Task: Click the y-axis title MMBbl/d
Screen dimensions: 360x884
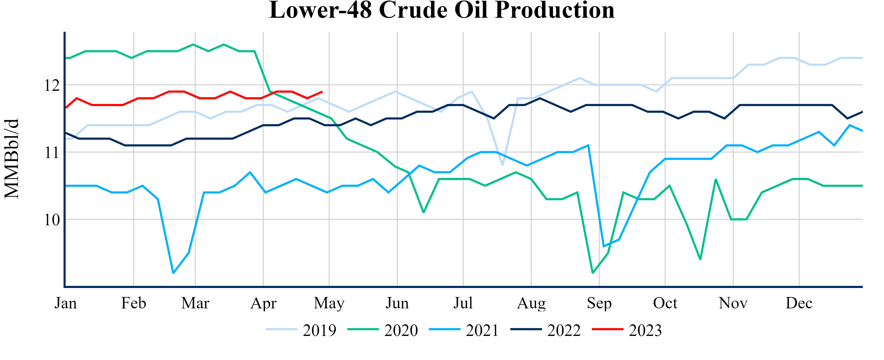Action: tap(12, 159)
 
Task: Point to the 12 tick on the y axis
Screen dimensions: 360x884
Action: tap(52, 85)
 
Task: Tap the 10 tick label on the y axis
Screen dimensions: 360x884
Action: tap(52, 220)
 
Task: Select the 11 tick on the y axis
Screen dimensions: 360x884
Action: tap(52, 152)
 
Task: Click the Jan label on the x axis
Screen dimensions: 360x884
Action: tap(66, 303)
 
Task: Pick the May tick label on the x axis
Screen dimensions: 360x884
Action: tap(329, 303)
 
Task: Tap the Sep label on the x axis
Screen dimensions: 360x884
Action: tap(599, 303)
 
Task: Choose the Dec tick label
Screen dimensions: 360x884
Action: tap(799, 303)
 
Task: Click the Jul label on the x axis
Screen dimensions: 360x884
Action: tap(463, 303)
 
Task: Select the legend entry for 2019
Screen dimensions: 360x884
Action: tap(301, 330)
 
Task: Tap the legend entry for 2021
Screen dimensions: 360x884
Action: tap(464, 330)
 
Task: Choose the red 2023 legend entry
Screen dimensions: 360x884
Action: tap(627, 330)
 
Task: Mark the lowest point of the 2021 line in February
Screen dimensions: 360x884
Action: tap(173, 273)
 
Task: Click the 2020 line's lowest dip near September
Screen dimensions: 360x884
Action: tap(593, 273)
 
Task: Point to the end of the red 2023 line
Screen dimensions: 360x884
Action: tap(322, 92)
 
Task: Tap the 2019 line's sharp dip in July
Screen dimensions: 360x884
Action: tap(502, 165)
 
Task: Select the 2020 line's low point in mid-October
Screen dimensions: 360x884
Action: tap(700, 259)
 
